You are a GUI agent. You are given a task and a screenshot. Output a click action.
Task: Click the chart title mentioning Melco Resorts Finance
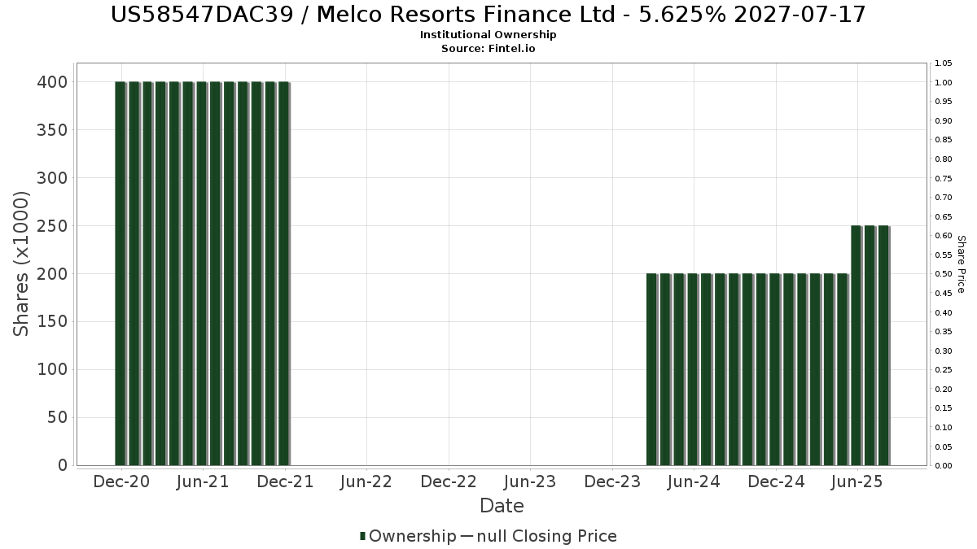point(488,14)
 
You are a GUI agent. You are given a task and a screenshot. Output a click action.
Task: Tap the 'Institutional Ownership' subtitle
point(488,35)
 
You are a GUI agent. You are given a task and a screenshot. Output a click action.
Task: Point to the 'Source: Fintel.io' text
point(488,49)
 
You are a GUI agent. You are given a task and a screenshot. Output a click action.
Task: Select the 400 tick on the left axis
point(51,82)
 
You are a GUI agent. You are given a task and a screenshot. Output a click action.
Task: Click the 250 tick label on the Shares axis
point(51,226)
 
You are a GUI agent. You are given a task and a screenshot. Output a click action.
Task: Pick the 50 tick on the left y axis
point(57,418)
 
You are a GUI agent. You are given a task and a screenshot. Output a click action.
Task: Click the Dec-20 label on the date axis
point(121,482)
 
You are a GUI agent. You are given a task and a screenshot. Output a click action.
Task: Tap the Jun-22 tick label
point(366,482)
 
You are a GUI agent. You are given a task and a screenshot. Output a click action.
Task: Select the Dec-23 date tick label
point(612,482)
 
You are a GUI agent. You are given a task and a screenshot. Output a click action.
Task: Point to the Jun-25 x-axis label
point(857,482)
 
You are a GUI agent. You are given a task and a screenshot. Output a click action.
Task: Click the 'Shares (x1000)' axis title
point(22,264)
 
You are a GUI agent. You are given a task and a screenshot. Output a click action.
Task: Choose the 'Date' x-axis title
point(502,506)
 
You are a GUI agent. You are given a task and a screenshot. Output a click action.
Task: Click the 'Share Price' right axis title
point(961,264)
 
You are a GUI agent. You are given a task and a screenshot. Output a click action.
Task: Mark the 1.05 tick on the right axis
point(944,63)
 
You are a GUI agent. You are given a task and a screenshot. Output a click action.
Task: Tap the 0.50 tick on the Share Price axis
point(944,274)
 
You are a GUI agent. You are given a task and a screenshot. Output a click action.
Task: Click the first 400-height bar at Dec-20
point(120,273)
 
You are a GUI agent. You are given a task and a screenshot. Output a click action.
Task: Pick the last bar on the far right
point(883,345)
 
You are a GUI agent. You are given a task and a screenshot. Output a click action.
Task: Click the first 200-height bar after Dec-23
point(651,369)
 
